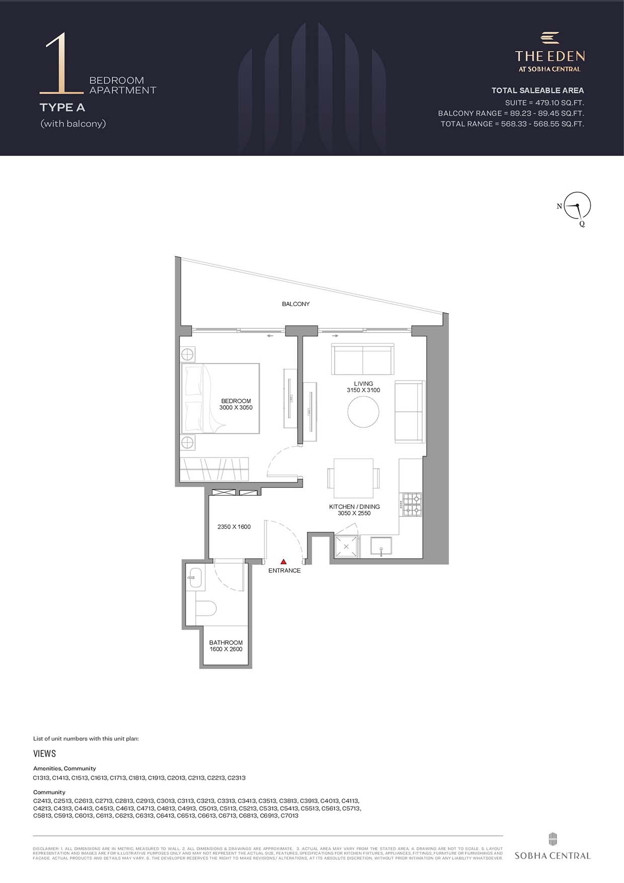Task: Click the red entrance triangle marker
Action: click(283, 561)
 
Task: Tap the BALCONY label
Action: click(296, 304)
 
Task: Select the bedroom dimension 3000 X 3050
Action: click(236, 408)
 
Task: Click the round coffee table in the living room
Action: click(363, 412)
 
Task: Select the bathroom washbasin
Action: click(194, 578)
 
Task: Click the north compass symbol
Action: click(577, 206)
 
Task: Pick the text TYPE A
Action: click(62, 107)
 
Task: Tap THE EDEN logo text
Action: click(550, 56)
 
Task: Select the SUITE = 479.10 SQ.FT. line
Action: click(544, 103)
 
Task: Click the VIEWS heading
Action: click(45, 754)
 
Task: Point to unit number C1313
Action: click(41, 778)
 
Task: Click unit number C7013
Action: click(289, 816)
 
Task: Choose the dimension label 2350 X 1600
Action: click(234, 527)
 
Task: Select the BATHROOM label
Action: click(226, 642)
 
